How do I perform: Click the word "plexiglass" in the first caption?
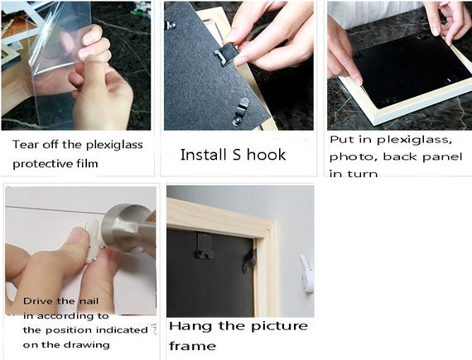[x=114, y=146]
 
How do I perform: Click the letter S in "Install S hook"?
[x=237, y=155]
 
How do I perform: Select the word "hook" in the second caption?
[x=267, y=155]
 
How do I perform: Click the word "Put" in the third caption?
[x=340, y=140]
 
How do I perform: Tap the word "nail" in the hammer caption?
[x=89, y=301]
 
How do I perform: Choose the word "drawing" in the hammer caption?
[x=90, y=345]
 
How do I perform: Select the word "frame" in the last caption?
[x=192, y=346]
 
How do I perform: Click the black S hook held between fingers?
[x=226, y=54]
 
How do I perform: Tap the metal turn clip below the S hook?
[x=240, y=111]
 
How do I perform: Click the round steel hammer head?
[x=126, y=227]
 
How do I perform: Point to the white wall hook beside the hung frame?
[x=307, y=274]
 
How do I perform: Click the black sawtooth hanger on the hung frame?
[x=205, y=246]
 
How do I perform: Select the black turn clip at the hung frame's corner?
[x=250, y=261]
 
